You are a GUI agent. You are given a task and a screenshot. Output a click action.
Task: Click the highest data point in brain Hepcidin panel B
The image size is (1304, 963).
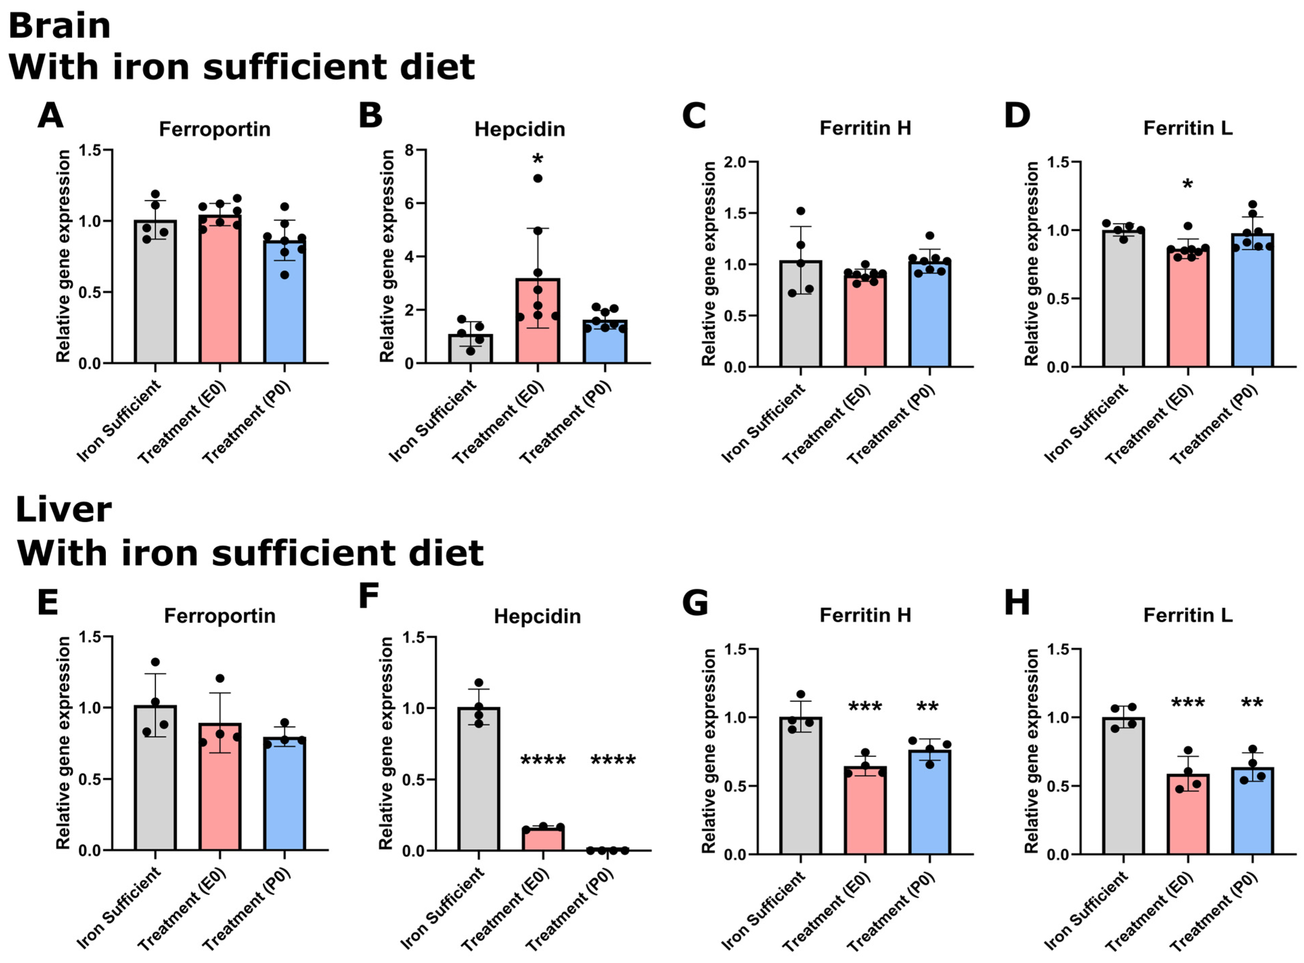[x=538, y=178]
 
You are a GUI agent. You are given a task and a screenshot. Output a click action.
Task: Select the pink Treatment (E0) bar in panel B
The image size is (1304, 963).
[x=538, y=327]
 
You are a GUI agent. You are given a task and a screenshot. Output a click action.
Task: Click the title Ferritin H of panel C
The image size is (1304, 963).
[x=865, y=128]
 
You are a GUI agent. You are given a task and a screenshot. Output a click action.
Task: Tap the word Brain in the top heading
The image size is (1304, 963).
[x=60, y=27]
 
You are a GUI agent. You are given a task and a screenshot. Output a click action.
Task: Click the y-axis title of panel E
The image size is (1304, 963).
[x=63, y=743]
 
